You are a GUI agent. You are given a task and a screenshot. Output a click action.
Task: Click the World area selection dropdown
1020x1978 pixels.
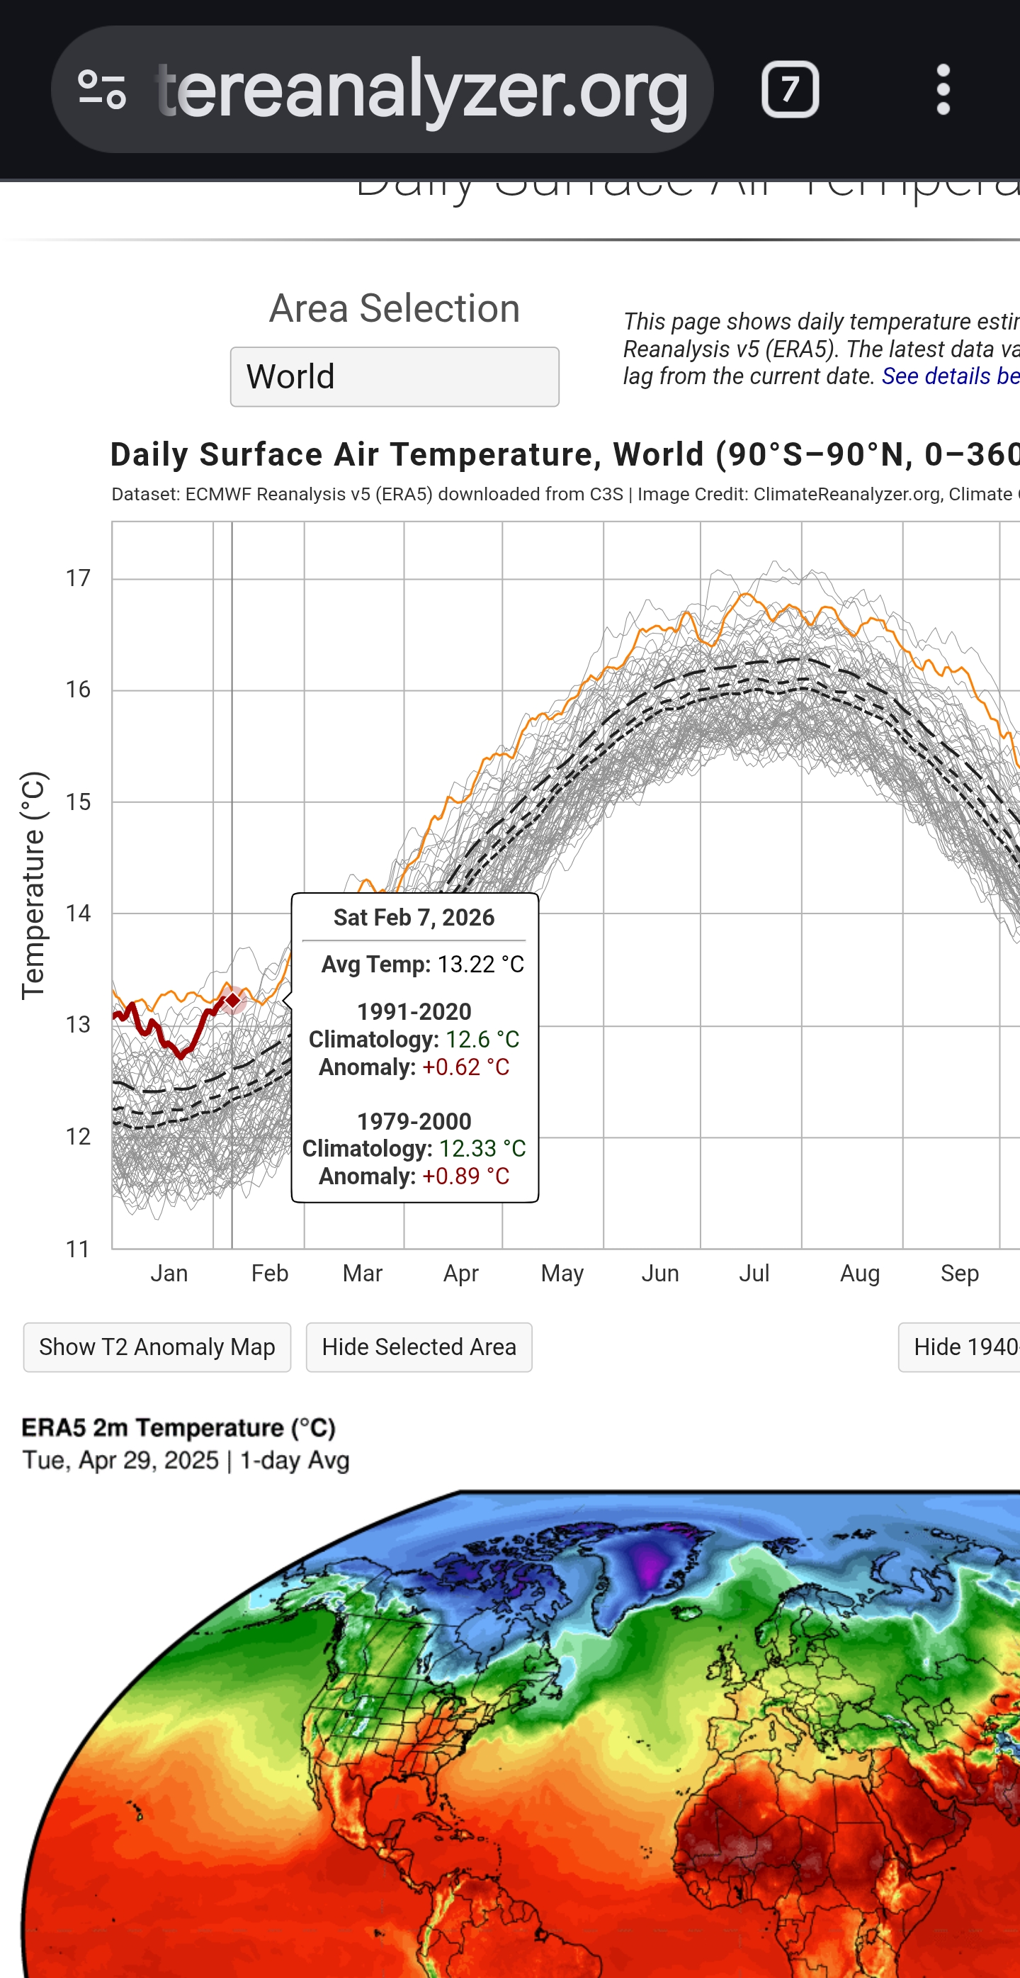394,376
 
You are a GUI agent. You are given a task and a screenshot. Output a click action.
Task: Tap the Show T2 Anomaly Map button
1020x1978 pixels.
157,1347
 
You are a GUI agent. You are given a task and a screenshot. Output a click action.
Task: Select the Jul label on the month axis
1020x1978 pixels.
754,1274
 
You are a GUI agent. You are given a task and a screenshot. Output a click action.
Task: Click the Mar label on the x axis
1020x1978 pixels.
362,1274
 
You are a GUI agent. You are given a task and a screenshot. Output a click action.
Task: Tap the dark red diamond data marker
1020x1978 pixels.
233,1001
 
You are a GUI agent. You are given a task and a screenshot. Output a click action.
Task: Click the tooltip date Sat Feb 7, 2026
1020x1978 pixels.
414,918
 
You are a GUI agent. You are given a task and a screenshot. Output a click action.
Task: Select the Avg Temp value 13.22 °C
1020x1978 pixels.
480,965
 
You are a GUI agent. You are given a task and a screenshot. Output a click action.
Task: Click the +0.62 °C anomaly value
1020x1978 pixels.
465,1067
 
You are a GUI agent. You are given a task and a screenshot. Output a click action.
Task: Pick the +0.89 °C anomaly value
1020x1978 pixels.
465,1176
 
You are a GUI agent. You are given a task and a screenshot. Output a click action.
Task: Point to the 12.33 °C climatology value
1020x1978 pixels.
482,1149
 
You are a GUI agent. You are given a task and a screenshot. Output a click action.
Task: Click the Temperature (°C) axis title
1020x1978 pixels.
34,885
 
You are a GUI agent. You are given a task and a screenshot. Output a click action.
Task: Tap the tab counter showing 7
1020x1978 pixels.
790,89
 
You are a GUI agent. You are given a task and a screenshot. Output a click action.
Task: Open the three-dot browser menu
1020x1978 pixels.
943,89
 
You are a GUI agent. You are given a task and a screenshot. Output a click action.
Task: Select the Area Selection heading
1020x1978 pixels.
394,309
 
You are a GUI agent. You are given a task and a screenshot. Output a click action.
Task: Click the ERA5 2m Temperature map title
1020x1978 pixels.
178,1428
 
